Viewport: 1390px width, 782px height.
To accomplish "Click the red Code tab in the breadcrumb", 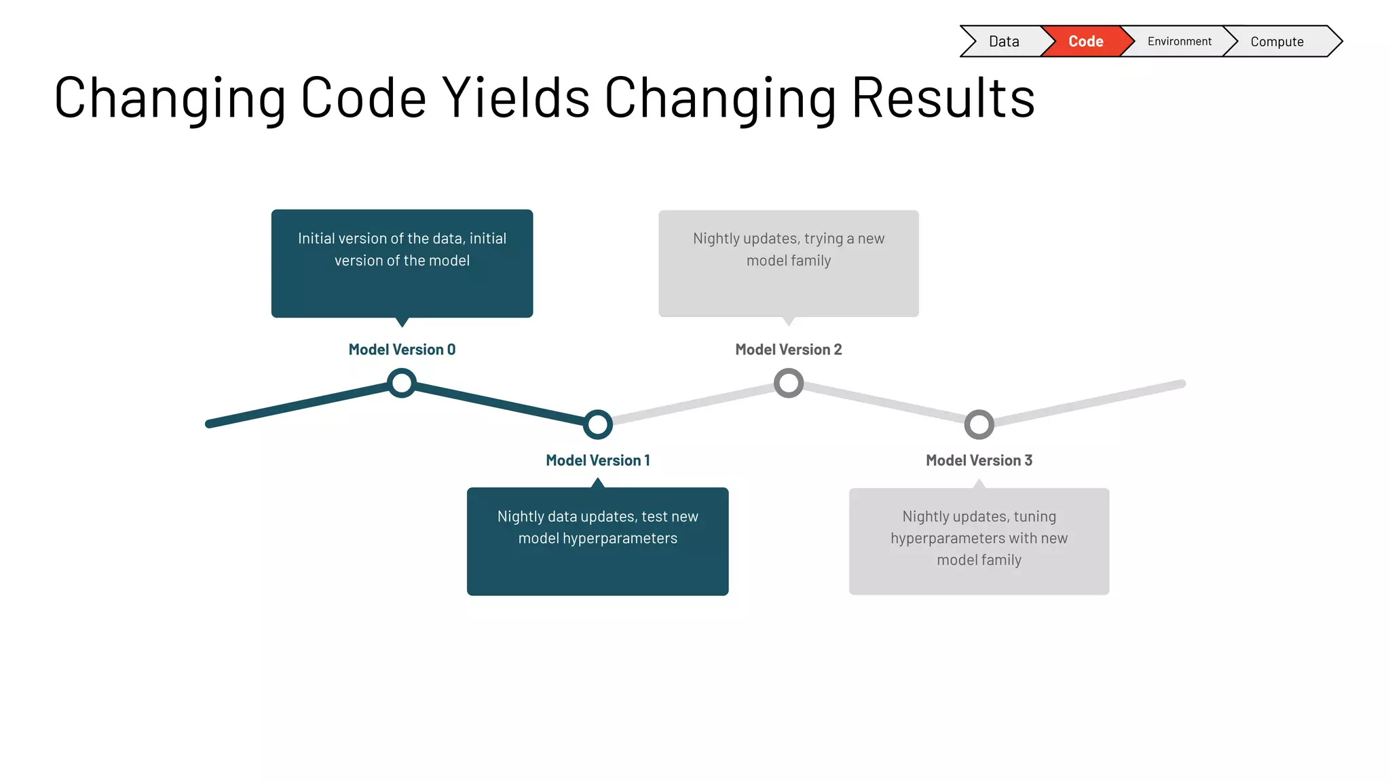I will point(1085,41).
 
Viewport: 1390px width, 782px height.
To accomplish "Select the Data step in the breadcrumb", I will point(1004,41).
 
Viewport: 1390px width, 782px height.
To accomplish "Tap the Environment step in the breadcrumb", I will point(1179,41).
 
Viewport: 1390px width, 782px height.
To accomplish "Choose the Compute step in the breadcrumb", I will point(1277,41).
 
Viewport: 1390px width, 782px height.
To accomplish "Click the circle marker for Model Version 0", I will point(402,383).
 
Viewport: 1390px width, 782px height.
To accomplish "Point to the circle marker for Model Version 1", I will point(598,424).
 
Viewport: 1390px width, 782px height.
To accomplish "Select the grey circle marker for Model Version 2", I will point(789,383).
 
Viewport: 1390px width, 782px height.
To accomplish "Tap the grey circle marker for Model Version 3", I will point(979,424).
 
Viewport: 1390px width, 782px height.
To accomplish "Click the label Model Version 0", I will point(402,350).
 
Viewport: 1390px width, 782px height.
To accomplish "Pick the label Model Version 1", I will point(598,460).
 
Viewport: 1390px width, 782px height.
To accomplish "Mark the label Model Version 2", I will point(789,350).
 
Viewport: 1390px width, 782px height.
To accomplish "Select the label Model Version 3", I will point(979,460).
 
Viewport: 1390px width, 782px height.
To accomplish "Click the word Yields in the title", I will point(516,98).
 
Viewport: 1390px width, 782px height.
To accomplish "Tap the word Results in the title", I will point(943,98).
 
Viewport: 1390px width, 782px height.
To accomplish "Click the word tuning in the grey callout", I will point(1034,517).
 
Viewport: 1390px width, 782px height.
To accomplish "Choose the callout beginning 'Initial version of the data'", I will point(402,263).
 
